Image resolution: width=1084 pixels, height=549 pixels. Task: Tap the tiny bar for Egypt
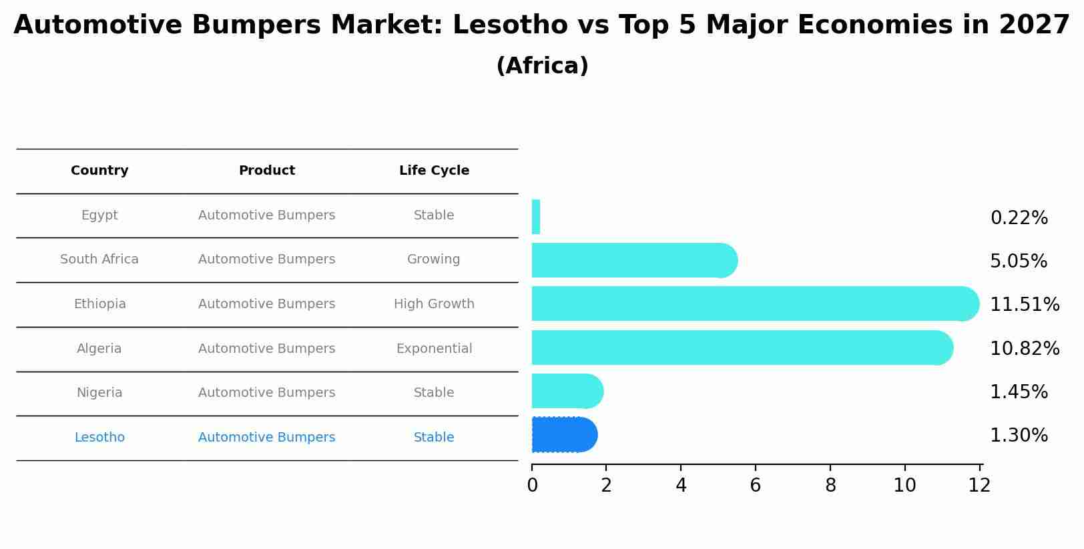[x=536, y=217]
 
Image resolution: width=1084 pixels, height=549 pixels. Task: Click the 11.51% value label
[x=1024, y=305]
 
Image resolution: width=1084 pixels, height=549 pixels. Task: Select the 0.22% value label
[x=1019, y=218]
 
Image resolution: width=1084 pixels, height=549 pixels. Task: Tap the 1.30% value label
[x=1019, y=436]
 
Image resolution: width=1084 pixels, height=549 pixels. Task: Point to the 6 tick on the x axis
[x=756, y=486]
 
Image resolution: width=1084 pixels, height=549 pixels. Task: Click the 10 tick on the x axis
[x=904, y=486]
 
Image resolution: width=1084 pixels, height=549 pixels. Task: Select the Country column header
[x=99, y=171]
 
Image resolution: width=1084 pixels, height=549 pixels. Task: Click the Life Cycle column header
[x=434, y=171]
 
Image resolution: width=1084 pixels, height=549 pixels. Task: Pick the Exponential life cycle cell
[x=434, y=349]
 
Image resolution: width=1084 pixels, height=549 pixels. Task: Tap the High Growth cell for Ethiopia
[x=434, y=304]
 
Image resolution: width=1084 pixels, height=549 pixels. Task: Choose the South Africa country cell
[x=99, y=259]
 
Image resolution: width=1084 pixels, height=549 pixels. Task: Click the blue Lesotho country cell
[x=99, y=438]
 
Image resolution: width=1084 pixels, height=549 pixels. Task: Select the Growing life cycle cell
[x=434, y=259]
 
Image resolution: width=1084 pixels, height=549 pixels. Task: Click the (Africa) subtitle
[x=542, y=66]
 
